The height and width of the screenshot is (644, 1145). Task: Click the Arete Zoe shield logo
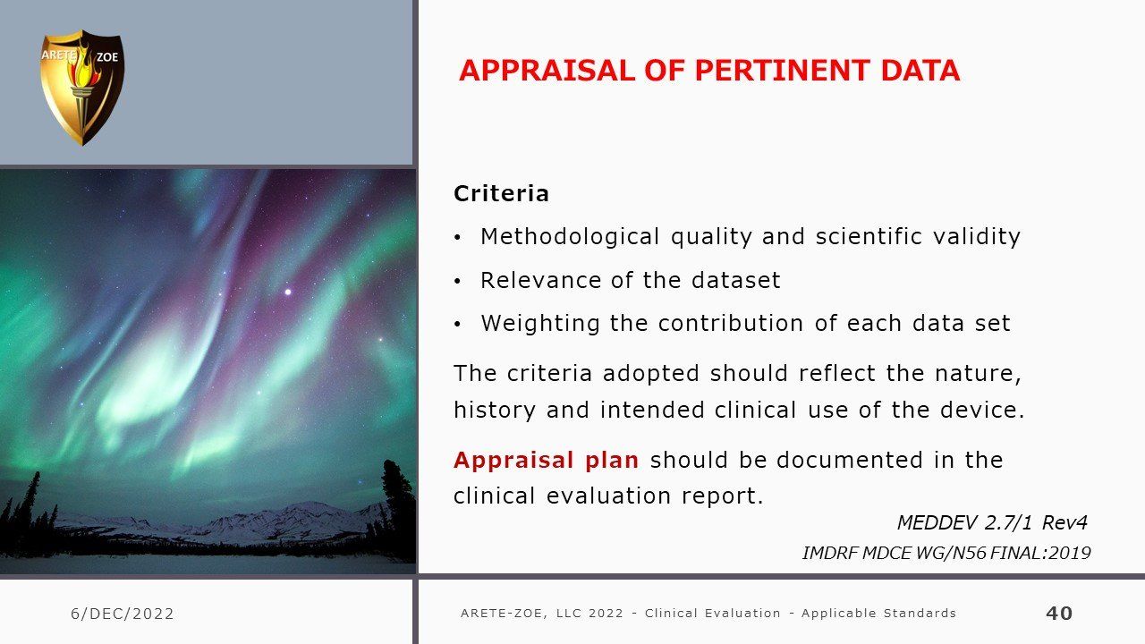click(81, 88)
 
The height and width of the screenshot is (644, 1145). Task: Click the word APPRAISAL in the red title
click(547, 71)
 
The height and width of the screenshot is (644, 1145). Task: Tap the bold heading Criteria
click(501, 193)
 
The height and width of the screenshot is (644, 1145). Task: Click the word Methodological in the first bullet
click(570, 237)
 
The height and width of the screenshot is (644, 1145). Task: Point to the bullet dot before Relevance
click(457, 281)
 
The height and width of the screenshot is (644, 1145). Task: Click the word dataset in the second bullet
click(736, 280)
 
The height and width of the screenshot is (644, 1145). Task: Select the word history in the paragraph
click(495, 410)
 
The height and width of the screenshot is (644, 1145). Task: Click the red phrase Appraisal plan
click(546, 461)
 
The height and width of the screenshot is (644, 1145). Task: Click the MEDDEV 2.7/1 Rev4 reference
click(992, 522)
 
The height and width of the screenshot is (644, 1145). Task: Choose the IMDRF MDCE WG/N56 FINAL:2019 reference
click(946, 553)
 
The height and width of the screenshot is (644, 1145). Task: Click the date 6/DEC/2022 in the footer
click(123, 614)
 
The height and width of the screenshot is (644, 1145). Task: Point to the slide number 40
click(1059, 613)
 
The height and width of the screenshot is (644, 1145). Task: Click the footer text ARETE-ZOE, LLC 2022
click(542, 613)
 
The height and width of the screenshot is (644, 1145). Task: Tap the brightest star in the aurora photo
click(288, 292)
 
